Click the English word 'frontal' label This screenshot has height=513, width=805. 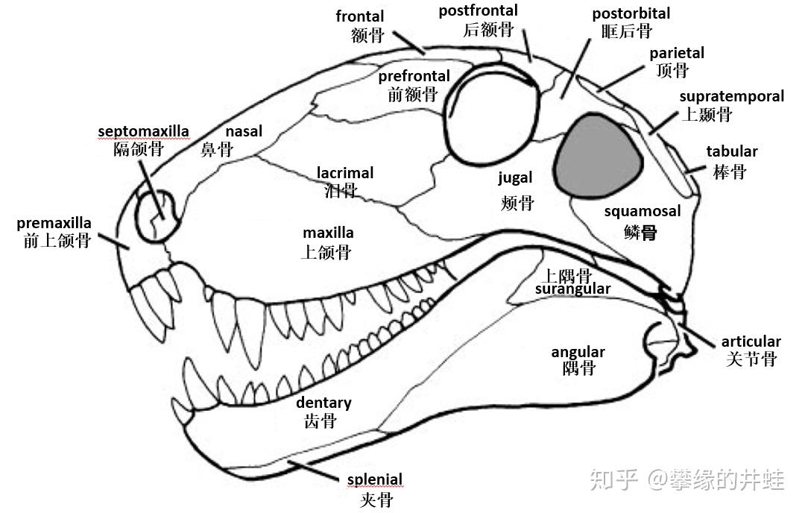[x=360, y=16]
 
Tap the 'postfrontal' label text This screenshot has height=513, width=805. [x=478, y=11]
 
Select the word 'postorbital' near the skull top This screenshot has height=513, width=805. [x=631, y=13]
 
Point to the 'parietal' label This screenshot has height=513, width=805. [x=676, y=53]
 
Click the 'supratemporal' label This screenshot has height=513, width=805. [x=731, y=96]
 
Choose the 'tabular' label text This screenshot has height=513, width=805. [x=731, y=151]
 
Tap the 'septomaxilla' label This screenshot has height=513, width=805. [x=143, y=132]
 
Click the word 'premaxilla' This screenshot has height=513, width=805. [x=54, y=223]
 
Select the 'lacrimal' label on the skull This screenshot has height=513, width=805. [x=345, y=173]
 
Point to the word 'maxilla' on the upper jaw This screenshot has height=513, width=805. [x=328, y=233]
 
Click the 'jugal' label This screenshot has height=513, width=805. [x=516, y=177]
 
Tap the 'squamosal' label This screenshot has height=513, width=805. [x=642, y=211]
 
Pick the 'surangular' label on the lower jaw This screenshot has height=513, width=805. [x=572, y=289]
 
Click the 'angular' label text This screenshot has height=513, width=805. [x=578, y=352]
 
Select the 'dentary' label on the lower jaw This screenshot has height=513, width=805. [x=323, y=403]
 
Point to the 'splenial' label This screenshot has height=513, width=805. [x=374, y=479]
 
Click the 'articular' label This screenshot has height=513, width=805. [x=751, y=342]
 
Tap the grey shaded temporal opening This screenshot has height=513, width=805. [x=598, y=154]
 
